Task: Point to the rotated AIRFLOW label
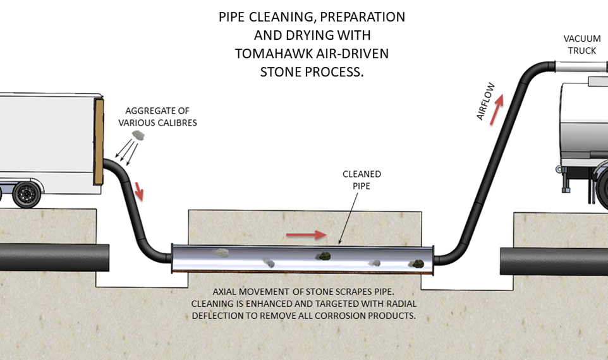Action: [x=485, y=101]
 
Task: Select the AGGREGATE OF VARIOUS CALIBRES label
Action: [x=157, y=116]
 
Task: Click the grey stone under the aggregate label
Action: [x=137, y=135]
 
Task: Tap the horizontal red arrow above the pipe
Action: [x=306, y=235]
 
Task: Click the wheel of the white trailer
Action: [x=27, y=194]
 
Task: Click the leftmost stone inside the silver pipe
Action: [x=221, y=253]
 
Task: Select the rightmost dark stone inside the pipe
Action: [x=415, y=264]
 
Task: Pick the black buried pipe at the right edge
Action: [x=554, y=260]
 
